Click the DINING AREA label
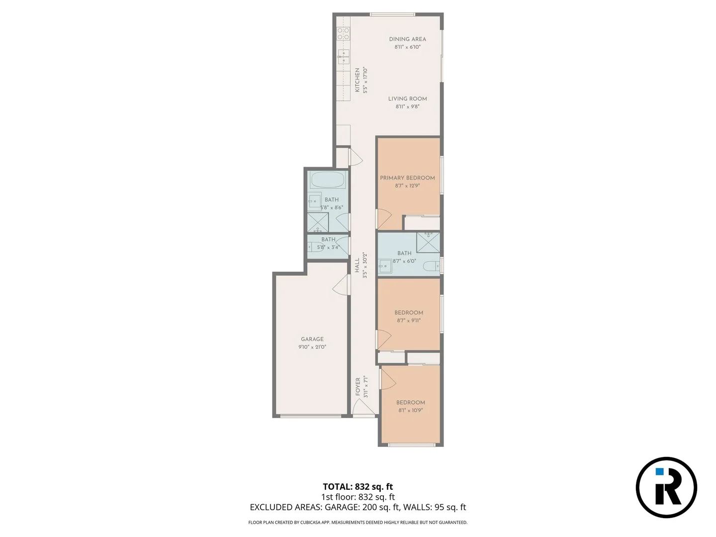coord(407,39)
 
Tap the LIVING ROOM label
coord(407,99)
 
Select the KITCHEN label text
coord(357,80)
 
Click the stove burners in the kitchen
coord(343,33)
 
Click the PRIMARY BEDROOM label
coord(407,178)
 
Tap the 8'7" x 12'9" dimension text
coord(407,186)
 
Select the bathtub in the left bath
coord(327,180)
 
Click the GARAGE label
coord(312,339)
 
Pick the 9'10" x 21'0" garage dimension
coord(312,347)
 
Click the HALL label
coord(357,265)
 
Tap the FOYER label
coord(358,387)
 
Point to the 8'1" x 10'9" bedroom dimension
coord(410,411)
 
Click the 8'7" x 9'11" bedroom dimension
coord(409,321)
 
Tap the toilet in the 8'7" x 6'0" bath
coord(431,266)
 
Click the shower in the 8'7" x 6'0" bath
coord(428,242)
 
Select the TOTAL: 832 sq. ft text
coord(358,487)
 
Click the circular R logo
coord(666,487)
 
